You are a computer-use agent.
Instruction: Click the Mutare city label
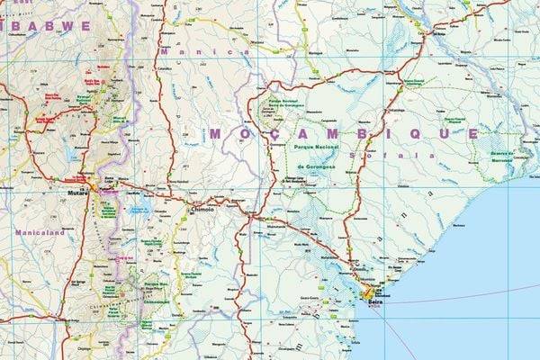click(78, 193)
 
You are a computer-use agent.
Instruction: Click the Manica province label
click(225, 52)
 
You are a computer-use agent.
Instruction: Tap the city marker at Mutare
click(92, 187)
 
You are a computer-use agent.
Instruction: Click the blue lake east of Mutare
click(139, 210)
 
